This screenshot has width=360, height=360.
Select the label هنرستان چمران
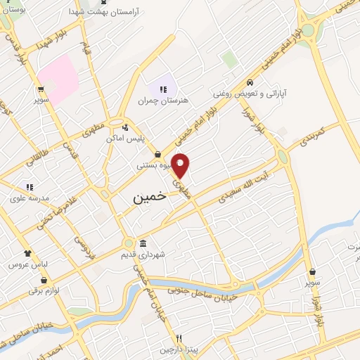(x=169, y=101)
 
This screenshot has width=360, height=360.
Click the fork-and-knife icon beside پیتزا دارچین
(x=179, y=337)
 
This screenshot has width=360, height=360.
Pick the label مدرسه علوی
(x=29, y=198)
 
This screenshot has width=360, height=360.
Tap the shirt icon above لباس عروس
(x=27, y=253)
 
